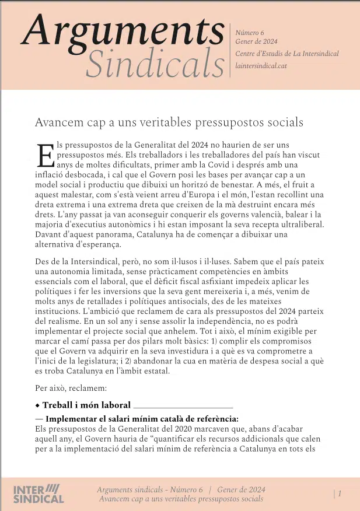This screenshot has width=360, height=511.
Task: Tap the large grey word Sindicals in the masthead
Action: tap(154, 62)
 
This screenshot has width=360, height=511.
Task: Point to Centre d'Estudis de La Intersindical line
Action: tap(286, 54)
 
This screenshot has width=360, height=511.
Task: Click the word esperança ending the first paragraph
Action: tap(99, 244)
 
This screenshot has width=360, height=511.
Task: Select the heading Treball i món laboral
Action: tap(86, 405)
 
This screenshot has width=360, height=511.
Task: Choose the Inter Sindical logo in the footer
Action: tap(38, 494)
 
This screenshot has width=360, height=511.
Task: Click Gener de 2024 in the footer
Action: tap(240, 489)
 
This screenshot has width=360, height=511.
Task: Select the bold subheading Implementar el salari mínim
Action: tap(142, 419)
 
